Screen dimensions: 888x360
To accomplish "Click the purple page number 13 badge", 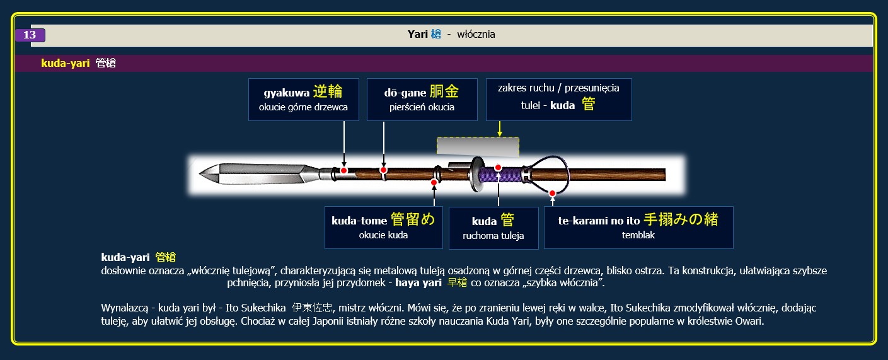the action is tap(30, 35).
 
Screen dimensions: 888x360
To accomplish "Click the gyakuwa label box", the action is tap(304, 100).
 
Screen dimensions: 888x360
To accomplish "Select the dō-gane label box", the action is tap(422, 100).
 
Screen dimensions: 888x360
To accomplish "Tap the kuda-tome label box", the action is tap(383, 228).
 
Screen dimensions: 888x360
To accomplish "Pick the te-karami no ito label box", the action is tap(638, 228).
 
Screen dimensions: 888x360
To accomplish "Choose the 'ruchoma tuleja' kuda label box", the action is tap(493, 228).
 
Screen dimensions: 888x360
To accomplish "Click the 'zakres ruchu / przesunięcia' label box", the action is tap(558, 100).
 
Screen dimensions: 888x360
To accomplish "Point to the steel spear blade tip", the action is tap(200, 174).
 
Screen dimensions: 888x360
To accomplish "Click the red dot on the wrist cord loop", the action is tap(552, 193).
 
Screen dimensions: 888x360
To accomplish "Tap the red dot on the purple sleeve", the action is tap(499, 168).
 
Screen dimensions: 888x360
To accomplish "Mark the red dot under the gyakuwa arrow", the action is tap(343, 170).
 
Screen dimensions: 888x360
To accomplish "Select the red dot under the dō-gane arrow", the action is tap(383, 170).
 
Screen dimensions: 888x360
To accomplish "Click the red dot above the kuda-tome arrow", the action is tap(434, 182).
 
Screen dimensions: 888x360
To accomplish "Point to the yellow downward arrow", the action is tap(500, 129).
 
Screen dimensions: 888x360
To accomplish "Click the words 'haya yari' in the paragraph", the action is tap(418, 282).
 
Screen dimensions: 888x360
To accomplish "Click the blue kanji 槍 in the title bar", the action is tap(435, 34).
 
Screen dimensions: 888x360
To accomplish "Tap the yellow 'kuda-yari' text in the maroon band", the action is tap(66, 63).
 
